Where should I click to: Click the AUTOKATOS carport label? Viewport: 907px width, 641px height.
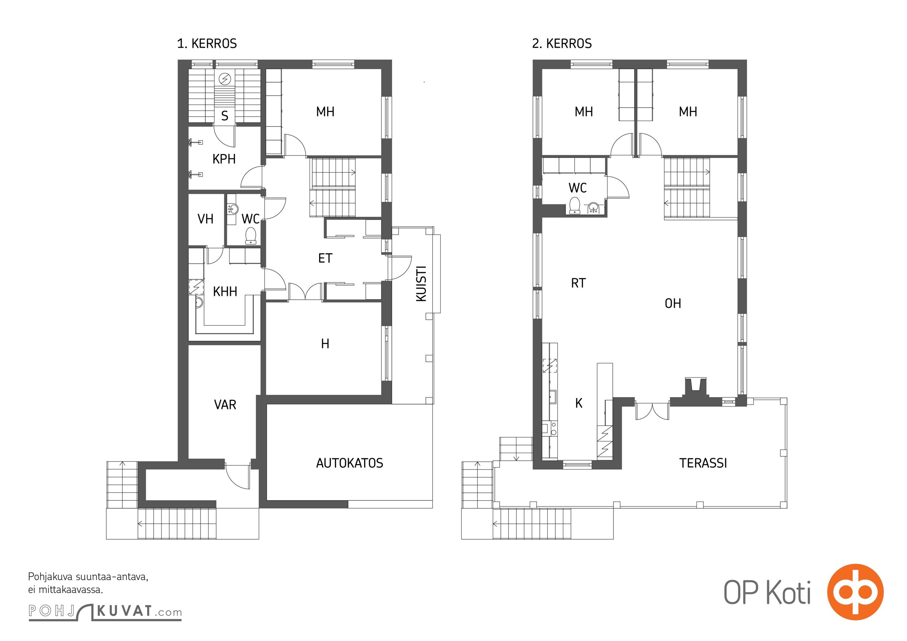(349, 463)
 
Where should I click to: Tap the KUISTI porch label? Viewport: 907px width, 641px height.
(421, 284)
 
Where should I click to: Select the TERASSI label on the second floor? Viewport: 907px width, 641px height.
(703, 463)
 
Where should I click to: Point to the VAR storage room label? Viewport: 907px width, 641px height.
(225, 405)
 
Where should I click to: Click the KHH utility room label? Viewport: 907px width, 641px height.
(225, 291)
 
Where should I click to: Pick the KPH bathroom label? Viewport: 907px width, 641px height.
(224, 159)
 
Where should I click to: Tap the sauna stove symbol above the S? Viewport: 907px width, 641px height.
(225, 79)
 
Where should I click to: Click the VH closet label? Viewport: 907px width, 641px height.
(205, 219)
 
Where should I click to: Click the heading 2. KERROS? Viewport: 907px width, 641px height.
(562, 43)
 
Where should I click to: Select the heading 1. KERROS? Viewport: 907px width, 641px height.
(207, 43)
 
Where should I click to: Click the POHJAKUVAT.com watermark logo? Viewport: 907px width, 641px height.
(105, 612)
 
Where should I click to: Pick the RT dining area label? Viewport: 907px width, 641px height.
(578, 283)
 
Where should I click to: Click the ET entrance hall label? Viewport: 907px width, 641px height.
(325, 258)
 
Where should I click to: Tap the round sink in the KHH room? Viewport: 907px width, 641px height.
(199, 302)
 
